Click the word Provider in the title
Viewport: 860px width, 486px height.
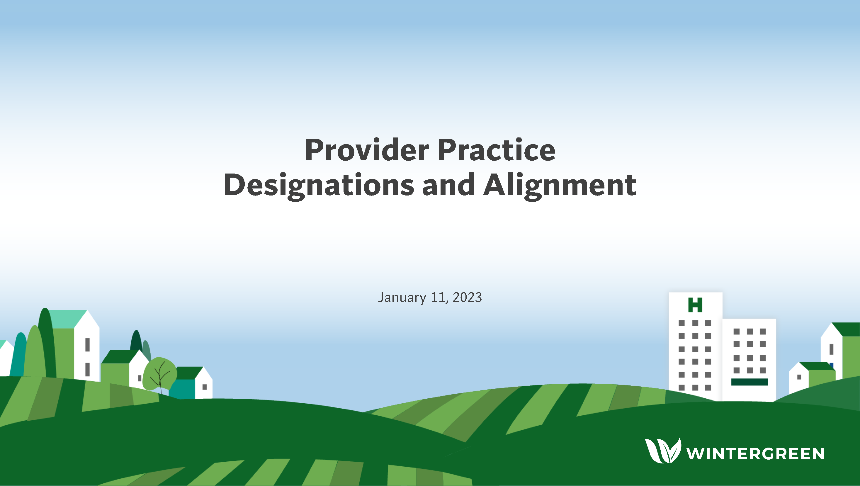(x=367, y=150)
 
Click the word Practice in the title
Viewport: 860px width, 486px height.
(x=497, y=150)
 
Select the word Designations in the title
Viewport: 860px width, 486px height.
(x=319, y=186)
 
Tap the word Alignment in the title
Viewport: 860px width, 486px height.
(x=560, y=186)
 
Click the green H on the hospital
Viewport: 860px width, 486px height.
(x=695, y=305)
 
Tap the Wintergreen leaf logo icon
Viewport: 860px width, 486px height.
(x=663, y=451)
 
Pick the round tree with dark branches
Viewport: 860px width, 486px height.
(x=160, y=374)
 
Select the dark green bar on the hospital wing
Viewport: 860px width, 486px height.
(x=749, y=382)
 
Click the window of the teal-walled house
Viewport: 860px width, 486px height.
(x=205, y=387)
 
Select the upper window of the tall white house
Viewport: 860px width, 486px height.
(x=87, y=344)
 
